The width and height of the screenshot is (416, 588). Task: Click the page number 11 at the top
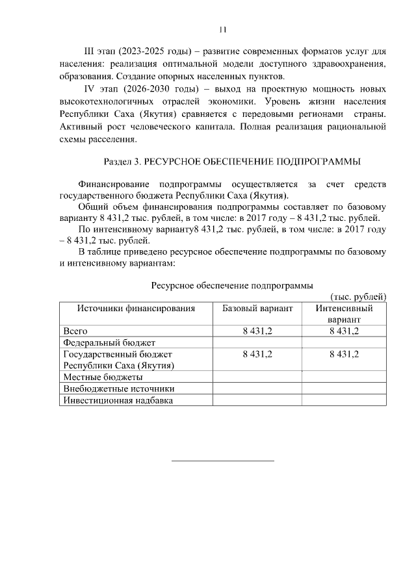click(223, 29)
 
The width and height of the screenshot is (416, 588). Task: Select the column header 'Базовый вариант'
click(257, 308)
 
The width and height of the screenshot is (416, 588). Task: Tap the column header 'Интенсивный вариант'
click(344, 314)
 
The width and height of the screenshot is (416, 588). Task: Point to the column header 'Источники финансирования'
click(136, 308)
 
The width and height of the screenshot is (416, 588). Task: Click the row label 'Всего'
click(75, 331)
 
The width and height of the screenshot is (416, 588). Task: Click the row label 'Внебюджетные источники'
click(118, 389)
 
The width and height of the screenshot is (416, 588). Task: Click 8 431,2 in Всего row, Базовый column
click(257, 331)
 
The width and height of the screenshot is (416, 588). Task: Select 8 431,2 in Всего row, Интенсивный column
click(344, 331)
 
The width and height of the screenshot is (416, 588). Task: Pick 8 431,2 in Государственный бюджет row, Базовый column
click(257, 354)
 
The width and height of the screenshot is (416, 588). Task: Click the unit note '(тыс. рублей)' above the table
click(358, 296)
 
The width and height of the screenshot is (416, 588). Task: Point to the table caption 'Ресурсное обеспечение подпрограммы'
click(232, 285)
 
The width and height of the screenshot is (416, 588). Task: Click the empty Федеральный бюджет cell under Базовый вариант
click(257, 342)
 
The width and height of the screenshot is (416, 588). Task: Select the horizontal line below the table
click(222, 461)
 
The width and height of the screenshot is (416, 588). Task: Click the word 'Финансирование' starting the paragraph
click(112, 185)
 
